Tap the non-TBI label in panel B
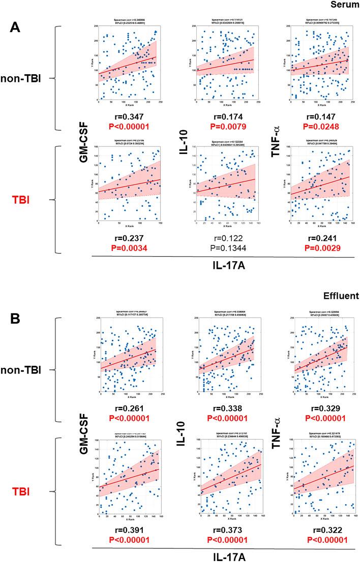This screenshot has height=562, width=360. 25,371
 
